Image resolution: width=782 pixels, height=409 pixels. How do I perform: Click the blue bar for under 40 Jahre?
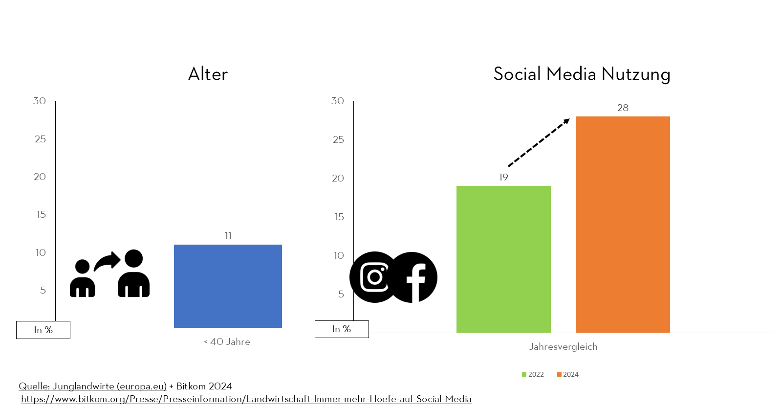tap(228, 286)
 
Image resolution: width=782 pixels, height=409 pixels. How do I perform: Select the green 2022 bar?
tap(503, 259)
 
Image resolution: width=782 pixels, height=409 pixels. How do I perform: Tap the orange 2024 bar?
tap(623, 225)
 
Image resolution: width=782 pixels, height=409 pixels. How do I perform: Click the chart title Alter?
tap(208, 74)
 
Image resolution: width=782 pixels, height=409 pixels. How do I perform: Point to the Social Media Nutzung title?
tap(582, 74)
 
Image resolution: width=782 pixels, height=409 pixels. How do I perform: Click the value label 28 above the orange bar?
tap(623, 108)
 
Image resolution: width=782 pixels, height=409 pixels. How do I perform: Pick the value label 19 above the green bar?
tap(503, 177)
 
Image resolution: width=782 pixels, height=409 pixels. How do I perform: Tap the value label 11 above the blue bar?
tap(228, 236)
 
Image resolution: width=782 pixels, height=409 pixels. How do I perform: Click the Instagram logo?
tap(374, 277)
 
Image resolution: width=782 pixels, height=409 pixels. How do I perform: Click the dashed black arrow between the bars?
tap(539, 142)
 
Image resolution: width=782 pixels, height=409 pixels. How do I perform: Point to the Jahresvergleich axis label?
tap(563, 346)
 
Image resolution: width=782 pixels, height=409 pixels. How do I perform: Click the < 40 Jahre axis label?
tap(227, 341)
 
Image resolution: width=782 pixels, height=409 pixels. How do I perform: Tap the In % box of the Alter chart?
tap(43, 330)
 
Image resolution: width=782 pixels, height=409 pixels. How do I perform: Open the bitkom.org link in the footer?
tap(246, 399)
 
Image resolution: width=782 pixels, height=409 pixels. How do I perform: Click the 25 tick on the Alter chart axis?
tap(40, 139)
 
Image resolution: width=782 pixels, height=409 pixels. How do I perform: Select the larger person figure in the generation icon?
tap(133, 274)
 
